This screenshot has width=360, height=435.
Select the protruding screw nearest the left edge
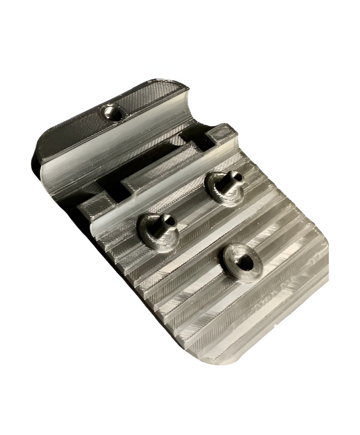(158, 230)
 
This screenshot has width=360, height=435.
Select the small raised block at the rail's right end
(222, 135)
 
